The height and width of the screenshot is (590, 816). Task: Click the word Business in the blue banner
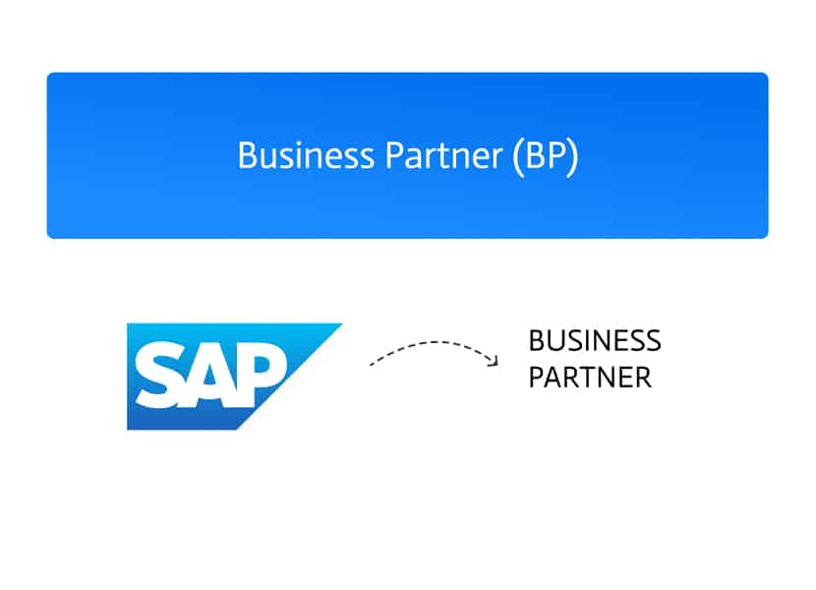tap(306, 155)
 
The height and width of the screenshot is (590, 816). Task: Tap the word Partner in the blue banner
tap(444, 155)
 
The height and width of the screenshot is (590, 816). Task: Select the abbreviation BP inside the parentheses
tap(545, 155)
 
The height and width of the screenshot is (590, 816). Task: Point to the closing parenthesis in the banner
tap(572, 156)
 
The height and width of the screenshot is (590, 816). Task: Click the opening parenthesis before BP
tap(518, 156)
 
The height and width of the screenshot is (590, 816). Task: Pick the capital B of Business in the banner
tap(247, 155)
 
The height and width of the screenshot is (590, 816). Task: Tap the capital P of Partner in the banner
tap(394, 155)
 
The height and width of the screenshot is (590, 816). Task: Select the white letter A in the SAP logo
tap(214, 375)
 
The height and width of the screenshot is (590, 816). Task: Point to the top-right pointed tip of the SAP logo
tap(342, 324)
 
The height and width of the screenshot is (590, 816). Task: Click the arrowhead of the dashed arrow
tap(494, 360)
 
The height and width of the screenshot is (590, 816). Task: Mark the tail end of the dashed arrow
tap(371, 365)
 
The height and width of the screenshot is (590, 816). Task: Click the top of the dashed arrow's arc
tap(435, 342)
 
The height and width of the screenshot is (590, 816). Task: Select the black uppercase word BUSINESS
tap(595, 341)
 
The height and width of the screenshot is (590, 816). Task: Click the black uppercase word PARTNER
tap(590, 378)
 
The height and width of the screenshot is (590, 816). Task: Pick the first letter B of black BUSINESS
tap(537, 341)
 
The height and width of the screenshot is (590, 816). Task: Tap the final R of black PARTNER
tap(643, 378)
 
